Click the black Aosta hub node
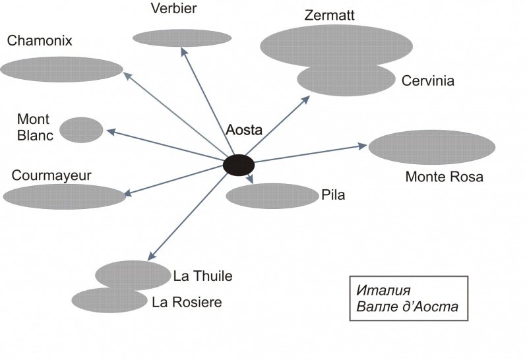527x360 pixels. click(x=239, y=165)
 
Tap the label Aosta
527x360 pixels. click(x=244, y=130)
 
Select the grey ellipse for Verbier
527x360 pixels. click(x=182, y=38)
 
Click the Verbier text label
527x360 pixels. click(x=173, y=9)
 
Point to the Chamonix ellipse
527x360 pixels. click(x=62, y=69)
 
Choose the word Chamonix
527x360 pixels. click(x=40, y=41)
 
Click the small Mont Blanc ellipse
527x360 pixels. click(x=81, y=130)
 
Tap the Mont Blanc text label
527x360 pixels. click(x=35, y=128)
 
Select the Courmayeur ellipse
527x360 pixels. click(x=64, y=196)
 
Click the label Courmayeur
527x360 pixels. click(x=51, y=175)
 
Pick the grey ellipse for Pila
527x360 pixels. click(x=272, y=196)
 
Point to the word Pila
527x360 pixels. click(x=334, y=195)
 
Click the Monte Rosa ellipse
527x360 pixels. click(x=431, y=147)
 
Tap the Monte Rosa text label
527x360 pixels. click(x=444, y=177)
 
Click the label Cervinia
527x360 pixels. click(x=428, y=81)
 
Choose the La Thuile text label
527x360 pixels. click(x=203, y=276)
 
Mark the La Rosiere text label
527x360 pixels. click(x=187, y=303)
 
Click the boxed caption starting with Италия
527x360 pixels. click(x=408, y=299)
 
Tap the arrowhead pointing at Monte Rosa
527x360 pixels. click(x=361, y=144)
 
